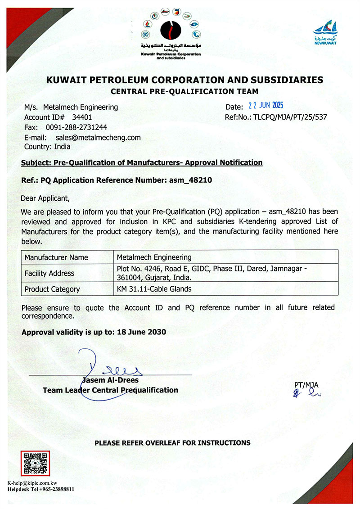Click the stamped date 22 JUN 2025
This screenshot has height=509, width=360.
pyautogui.click(x=266, y=106)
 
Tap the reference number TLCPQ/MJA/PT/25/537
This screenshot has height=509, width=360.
pyautogui.click(x=291, y=117)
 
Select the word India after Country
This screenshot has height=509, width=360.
pyautogui.click(x=63, y=146)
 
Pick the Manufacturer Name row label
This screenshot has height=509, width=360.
pyautogui.click(x=56, y=257)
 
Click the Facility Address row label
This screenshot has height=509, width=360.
pyautogui.click(x=49, y=273)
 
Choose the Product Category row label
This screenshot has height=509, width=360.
pyautogui.click(x=52, y=289)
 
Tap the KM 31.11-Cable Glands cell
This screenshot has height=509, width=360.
pyautogui.click(x=154, y=289)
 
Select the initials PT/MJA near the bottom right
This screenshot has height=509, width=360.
pyautogui.click(x=306, y=385)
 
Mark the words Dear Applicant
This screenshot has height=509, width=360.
pyautogui.click(x=45, y=198)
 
